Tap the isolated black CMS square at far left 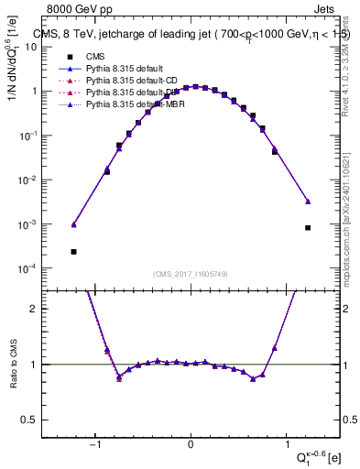click(x=73, y=251)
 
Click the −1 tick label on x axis click(x=95, y=445)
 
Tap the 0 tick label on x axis click(x=191, y=445)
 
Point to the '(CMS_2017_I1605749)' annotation click(x=191, y=275)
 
